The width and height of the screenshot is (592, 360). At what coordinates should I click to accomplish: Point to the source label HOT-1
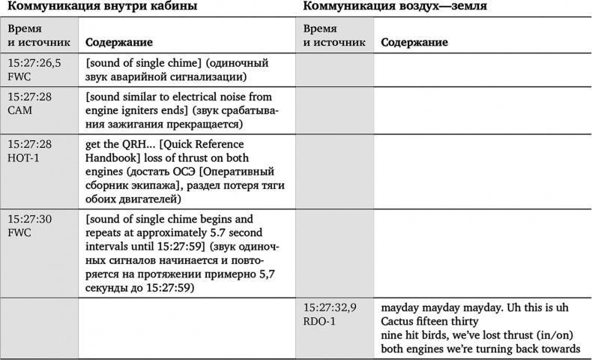click(x=23, y=157)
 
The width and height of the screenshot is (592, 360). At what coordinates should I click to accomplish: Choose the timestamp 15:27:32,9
click(x=330, y=307)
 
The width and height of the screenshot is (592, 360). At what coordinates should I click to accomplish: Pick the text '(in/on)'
click(x=551, y=334)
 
